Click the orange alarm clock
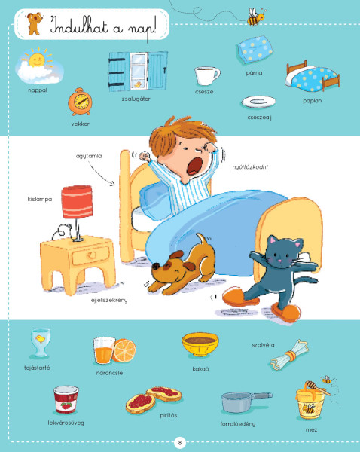coord(80,102)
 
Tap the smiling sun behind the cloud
coord(37,59)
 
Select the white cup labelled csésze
coord(206,76)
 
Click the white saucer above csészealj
coord(258,102)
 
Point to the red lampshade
coord(77,201)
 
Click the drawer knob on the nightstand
coord(92,255)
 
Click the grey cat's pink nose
coord(279,261)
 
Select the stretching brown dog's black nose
coord(156,266)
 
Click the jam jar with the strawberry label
coord(66,400)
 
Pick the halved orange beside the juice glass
coord(124,350)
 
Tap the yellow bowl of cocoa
coord(200,344)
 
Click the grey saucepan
coord(245,402)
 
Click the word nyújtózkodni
coord(250,167)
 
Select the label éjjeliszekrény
coord(109,300)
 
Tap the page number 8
coord(180,442)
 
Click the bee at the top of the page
coord(256,17)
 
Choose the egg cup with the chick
coord(40,343)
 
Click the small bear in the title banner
coord(35,23)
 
